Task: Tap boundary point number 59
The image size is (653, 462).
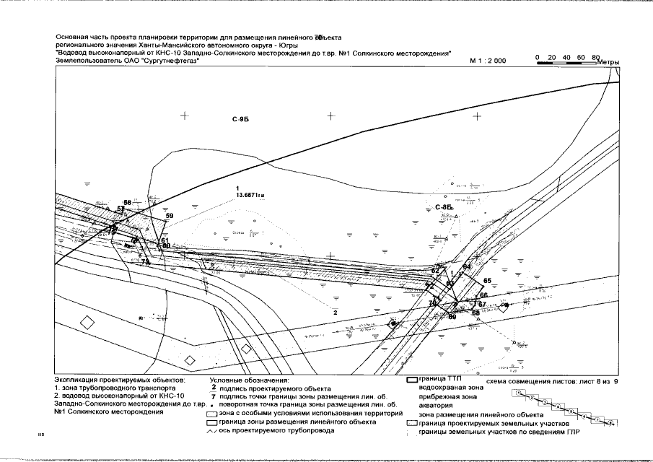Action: (x=170, y=216)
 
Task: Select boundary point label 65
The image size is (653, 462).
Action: (x=487, y=280)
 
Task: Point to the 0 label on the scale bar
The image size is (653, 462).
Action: (x=537, y=56)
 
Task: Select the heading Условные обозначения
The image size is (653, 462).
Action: (x=249, y=380)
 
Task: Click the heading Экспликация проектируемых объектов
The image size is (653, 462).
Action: (x=120, y=380)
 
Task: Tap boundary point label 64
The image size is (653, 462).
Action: (x=466, y=267)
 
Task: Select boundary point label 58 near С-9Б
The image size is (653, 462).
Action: (x=128, y=202)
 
